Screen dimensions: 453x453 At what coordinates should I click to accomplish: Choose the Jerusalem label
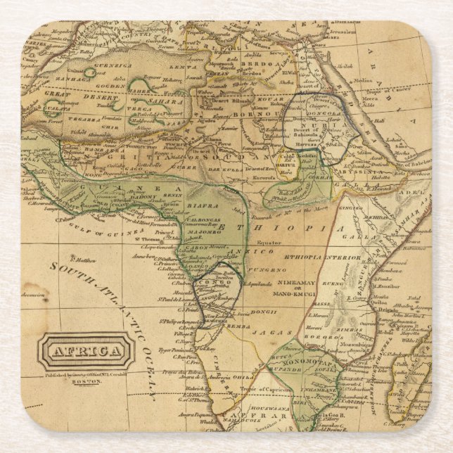point(344,31)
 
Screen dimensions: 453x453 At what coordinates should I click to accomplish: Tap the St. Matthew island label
point(83,259)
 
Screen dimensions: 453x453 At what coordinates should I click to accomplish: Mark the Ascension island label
point(32,295)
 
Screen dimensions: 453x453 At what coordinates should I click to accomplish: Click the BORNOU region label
point(228,110)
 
